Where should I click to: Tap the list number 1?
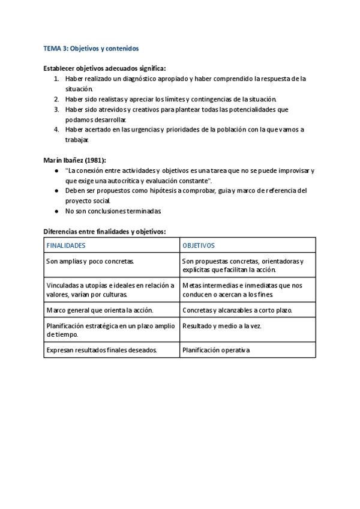56,79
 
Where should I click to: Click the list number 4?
56,130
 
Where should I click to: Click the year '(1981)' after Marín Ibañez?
94,160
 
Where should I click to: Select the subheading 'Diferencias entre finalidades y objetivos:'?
105,232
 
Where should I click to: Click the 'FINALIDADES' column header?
66,245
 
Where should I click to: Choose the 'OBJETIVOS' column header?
199,245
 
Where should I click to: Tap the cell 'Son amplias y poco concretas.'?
90,262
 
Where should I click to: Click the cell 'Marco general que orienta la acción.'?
100,310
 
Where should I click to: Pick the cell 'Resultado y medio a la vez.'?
222,326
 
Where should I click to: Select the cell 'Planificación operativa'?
216,351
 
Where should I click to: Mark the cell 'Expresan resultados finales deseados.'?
101,351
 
